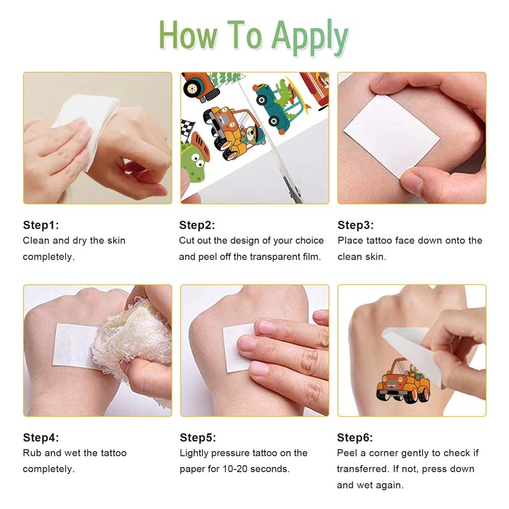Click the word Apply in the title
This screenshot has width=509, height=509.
coord(310,37)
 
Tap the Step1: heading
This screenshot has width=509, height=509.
coord(41,225)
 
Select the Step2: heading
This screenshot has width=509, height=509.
coord(197,225)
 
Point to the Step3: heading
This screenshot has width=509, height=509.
coord(356,225)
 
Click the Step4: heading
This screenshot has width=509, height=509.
coord(41,437)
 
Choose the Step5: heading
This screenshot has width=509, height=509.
coord(198,437)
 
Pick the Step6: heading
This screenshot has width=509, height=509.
coord(355,437)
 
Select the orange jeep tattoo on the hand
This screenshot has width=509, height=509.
coord(403,380)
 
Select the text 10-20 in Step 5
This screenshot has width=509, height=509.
coord(234,469)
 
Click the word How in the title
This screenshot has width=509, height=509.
coord(188,36)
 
